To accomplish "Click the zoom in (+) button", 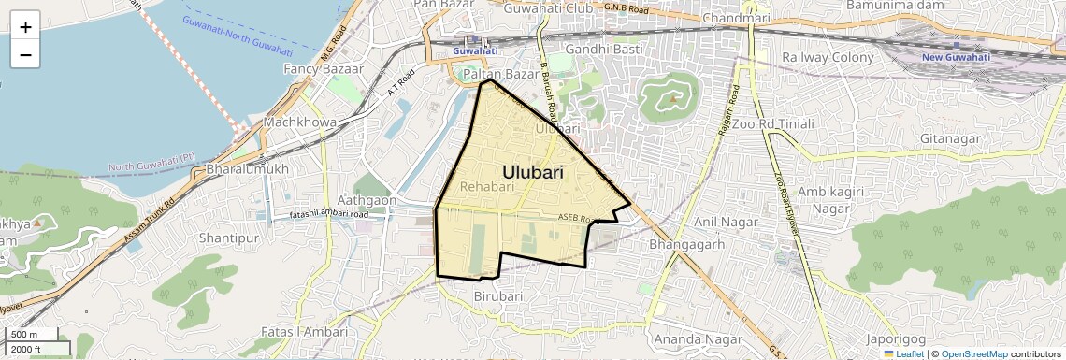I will pyautogui.click(x=25, y=27).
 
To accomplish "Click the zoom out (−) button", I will pyautogui.click(x=25, y=54).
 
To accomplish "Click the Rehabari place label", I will pyautogui.click(x=488, y=187).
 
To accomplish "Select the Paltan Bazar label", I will pyautogui.click(x=501, y=73).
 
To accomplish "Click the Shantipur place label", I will pyautogui.click(x=228, y=238).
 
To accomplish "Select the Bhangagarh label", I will pyautogui.click(x=687, y=245).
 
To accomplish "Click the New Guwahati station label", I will pyautogui.click(x=956, y=57).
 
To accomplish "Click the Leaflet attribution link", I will pyautogui.click(x=903, y=354).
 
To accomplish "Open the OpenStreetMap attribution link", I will pyautogui.click(x=973, y=354).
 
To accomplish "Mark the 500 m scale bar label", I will pyautogui.click(x=24, y=335).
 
